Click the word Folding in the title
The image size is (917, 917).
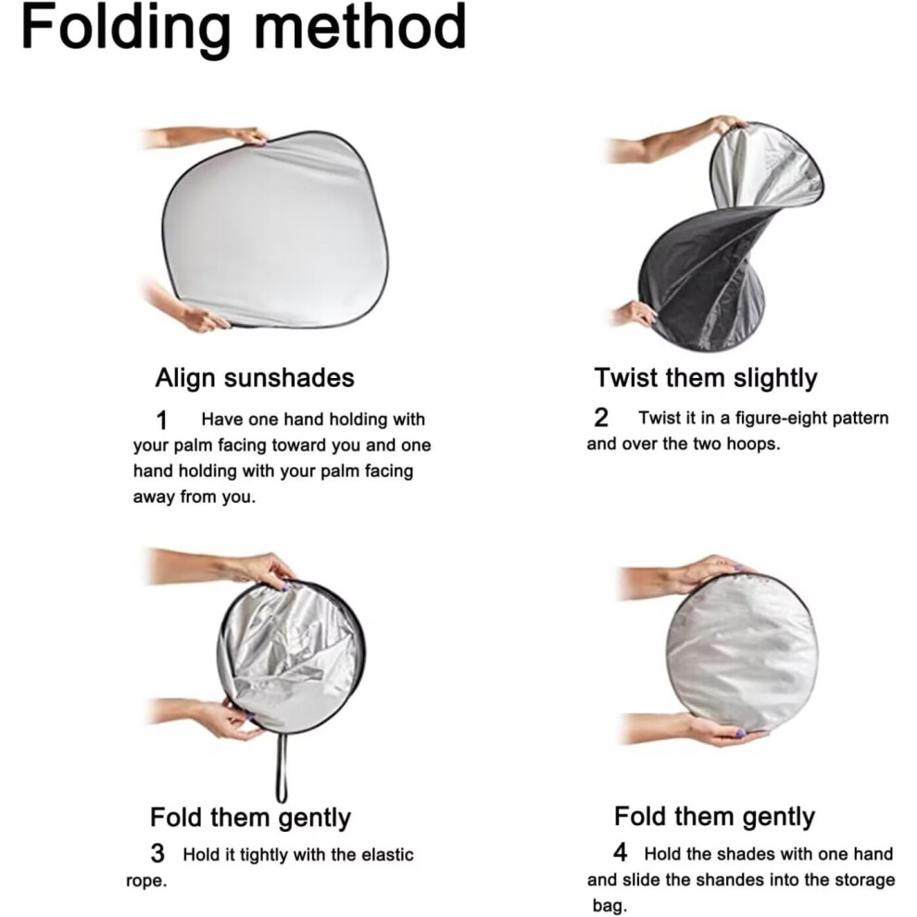(x=126, y=29)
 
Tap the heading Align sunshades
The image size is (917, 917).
(x=255, y=378)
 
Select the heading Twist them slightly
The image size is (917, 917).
(x=706, y=379)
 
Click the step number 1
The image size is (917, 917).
(x=162, y=421)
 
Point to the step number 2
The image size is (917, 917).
(x=600, y=418)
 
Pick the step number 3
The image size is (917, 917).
(x=157, y=854)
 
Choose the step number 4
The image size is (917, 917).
(x=621, y=852)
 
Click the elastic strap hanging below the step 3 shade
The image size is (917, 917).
(x=282, y=767)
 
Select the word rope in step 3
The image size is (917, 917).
(x=146, y=881)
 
